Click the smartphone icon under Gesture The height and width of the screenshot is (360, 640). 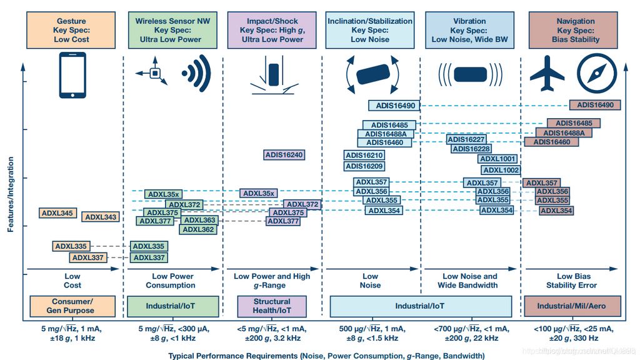click(72, 74)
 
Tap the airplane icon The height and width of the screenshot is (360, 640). click(547, 74)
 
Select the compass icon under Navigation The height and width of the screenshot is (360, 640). click(596, 74)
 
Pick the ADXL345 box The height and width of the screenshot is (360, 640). click(57, 213)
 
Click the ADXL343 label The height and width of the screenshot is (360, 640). click(101, 217)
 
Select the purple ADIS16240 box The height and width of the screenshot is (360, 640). click(284, 155)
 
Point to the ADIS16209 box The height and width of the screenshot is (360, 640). click(364, 166)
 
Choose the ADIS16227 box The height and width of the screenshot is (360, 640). click(466, 139)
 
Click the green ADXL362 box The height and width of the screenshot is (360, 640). click(198, 229)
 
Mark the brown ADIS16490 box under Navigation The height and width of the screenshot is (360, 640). click(595, 105)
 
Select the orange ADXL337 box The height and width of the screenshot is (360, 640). click(88, 257)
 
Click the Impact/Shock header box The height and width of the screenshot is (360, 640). click(272, 30)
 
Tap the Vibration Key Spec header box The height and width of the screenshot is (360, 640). click(469, 30)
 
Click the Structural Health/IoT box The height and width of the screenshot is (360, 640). click(272, 306)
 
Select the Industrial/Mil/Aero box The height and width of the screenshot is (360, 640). click(571, 306)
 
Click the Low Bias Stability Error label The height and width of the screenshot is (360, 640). click(571, 281)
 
